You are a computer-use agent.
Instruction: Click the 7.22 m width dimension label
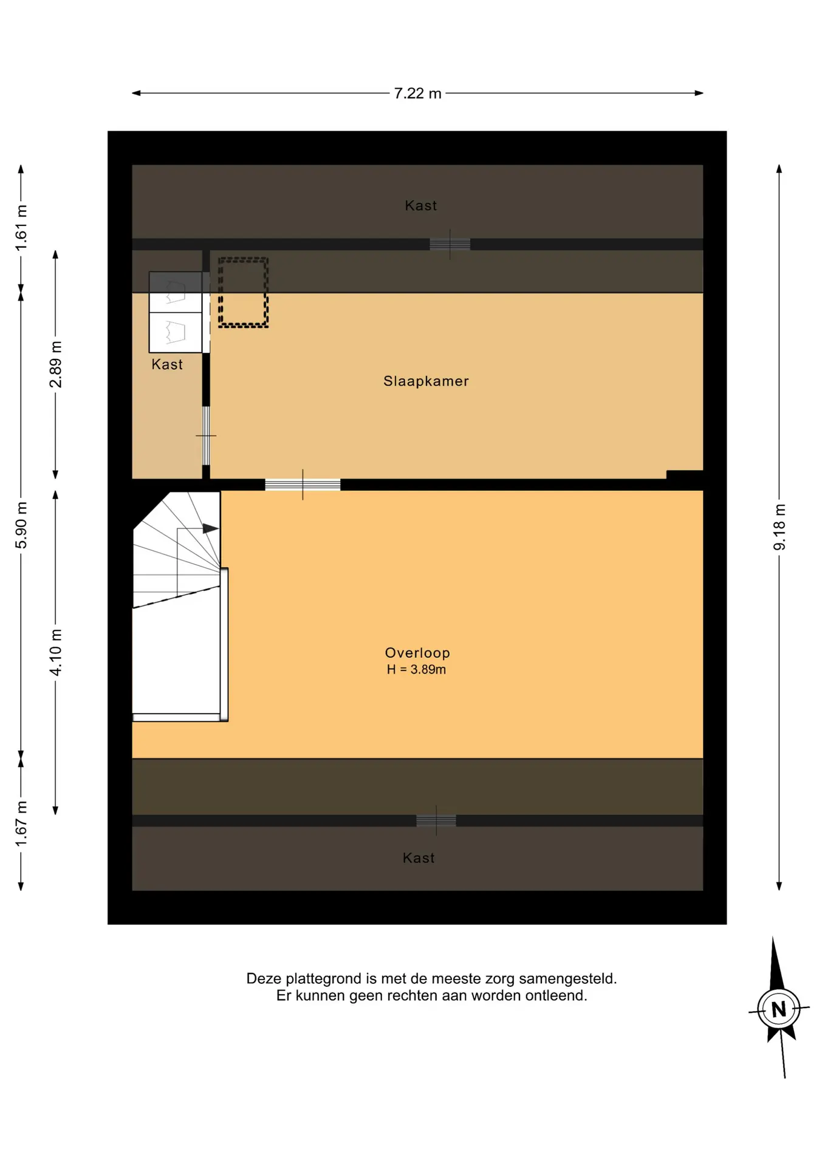click(x=417, y=94)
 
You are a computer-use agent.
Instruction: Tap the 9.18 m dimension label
click(x=779, y=527)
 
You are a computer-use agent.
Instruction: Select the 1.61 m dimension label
click(x=21, y=228)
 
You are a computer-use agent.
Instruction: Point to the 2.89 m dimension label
click(x=56, y=364)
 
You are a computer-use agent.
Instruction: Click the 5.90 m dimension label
click(x=21, y=525)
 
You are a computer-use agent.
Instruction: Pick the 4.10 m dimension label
click(x=56, y=652)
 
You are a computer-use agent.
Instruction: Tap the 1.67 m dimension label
click(x=21, y=823)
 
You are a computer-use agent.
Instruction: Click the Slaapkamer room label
click(x=426, y=381)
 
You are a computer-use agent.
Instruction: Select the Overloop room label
click(x=417, y=653)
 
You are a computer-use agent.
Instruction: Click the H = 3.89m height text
click(x=416, y=670)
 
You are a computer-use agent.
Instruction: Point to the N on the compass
click(x=779, y=1010)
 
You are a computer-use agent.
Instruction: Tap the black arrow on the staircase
click(x=210, y=528)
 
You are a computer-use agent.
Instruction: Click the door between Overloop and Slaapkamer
click(x=303, y=485)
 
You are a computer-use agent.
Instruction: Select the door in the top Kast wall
click(x=450, y=244)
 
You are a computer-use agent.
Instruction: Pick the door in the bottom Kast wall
click(x=436, y=820)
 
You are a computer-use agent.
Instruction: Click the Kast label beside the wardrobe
click(x=167, y=364)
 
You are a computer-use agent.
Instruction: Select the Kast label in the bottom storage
click(x=419, y=858)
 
